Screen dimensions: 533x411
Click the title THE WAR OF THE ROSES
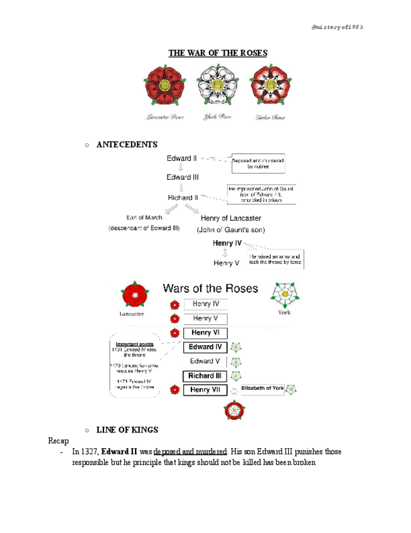217,53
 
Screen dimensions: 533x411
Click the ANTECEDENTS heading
127,145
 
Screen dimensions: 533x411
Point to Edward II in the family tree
181,158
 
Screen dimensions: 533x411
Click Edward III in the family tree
183,177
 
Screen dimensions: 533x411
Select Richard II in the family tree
183,197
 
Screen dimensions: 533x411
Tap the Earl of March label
144,217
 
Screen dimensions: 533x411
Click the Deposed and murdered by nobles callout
258,165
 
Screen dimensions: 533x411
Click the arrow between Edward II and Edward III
182,168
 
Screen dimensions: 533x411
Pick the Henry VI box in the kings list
205,333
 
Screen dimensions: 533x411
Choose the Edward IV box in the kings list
205,347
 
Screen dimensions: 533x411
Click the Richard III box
205,376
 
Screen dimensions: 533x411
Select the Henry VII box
205,390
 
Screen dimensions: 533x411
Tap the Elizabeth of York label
263,388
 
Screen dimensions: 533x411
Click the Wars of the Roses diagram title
210,288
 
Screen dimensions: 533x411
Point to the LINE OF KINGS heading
127,430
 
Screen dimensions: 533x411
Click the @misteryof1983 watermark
337,27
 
